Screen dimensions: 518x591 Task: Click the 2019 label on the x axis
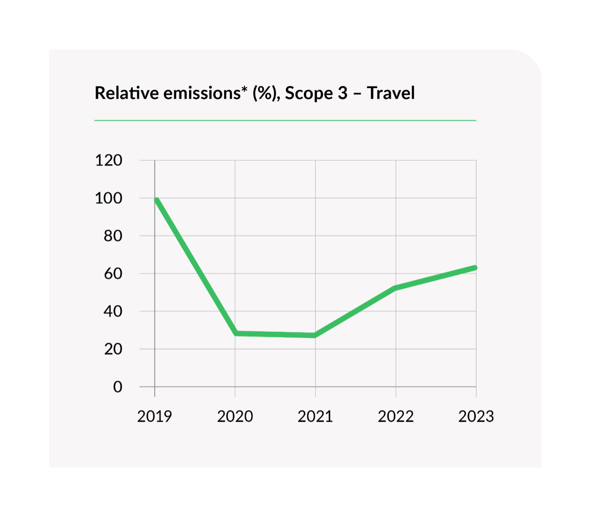(x=155, y=416)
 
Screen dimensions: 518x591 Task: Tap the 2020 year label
(x=235, y=416)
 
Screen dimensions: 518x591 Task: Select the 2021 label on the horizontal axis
(x=315, y=416)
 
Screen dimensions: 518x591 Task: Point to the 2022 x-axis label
(x=396, y=416)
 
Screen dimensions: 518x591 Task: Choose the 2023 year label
(x=476, y=416)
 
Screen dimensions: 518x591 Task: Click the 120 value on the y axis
(x=109, y=160)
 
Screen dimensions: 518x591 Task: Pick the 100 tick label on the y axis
(x=109, y=198)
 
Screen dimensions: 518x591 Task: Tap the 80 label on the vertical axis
(x=113, y=236)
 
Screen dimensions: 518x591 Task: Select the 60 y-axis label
(x=113, y=273)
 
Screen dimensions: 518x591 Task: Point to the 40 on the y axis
(x=113, y=311)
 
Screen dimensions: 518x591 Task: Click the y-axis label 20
(x=113, y=349)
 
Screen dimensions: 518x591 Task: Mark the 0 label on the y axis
(x=118, y=387)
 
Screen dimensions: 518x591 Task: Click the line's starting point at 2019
(x=157, y=200)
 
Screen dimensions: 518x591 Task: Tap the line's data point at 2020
(x=236, y=333)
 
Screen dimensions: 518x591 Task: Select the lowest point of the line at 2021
(x=315, y=335)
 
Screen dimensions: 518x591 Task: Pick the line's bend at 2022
(x=396, y=288)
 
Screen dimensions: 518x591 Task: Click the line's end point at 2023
(x=475, y=268)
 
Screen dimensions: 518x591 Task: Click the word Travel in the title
(x=391, y=93)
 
